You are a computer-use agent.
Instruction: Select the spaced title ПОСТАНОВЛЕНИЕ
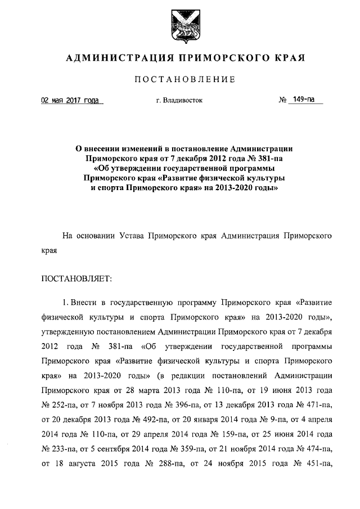179,80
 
